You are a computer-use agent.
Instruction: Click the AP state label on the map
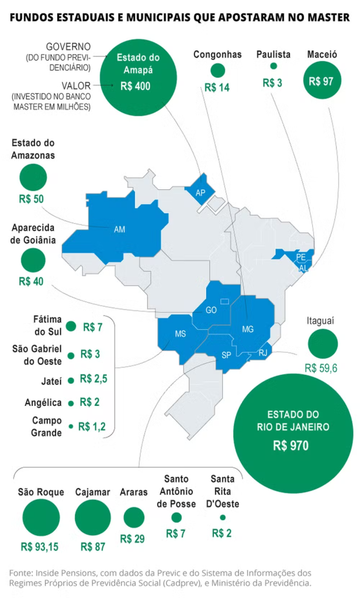click(x=200, y=193)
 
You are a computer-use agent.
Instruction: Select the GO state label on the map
click(x=211, y=310)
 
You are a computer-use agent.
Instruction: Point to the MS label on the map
click(x=181, y=334)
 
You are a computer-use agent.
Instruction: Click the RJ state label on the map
click(x=262, y=352)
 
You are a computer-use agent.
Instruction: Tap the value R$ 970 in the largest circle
click(x=291, y=446)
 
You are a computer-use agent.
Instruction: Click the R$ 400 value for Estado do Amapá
click(x=135, y=86)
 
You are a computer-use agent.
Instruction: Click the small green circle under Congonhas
click(x=218, y=71)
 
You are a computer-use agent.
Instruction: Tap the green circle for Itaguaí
click(x=322, y=344)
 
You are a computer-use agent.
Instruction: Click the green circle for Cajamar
click(x=92, y=517)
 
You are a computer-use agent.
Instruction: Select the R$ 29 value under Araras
click(x=133, y=538)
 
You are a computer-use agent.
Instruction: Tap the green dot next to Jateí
click(x=71, y=380)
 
